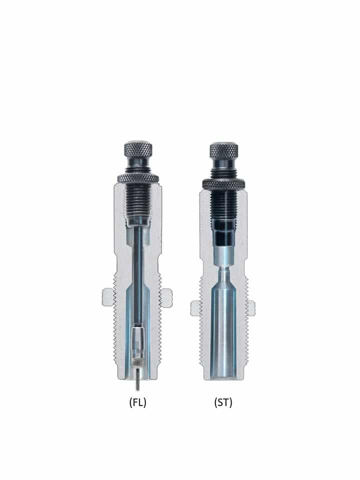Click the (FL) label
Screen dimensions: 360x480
pyautogui.click(x=138, y=402)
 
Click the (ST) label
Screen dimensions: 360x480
pyautogui.click(x=223, y=402)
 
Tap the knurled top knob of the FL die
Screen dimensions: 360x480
pyautogui.click(x=138, y=149)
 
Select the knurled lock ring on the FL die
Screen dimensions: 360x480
pyautogui.click(x=138, y=178)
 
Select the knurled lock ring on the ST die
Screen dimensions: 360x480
pyautogui.click(x=224, y=184)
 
